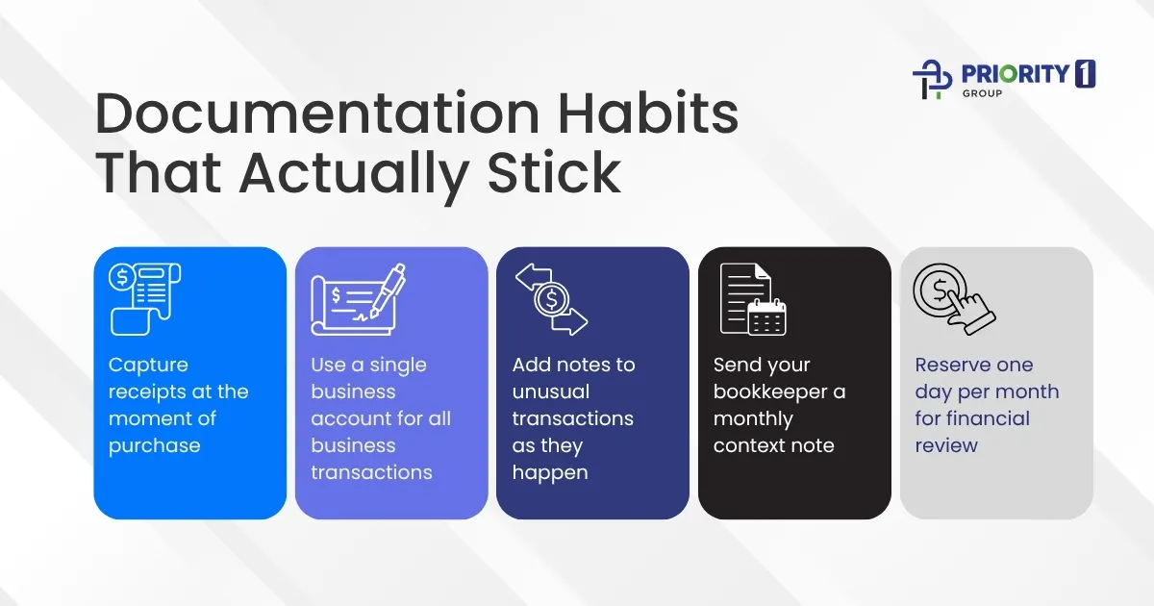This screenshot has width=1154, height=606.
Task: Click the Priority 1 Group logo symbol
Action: [x=931, y=79]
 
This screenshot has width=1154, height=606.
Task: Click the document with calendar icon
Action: [x=753, y=299]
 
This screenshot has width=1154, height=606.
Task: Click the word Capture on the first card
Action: [x=148, y=365]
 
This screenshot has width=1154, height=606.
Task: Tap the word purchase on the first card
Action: [x=155, y=445]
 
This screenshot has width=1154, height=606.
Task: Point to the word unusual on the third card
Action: [x=551, y=391]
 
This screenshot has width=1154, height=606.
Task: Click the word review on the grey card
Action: [x=946, y=445]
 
